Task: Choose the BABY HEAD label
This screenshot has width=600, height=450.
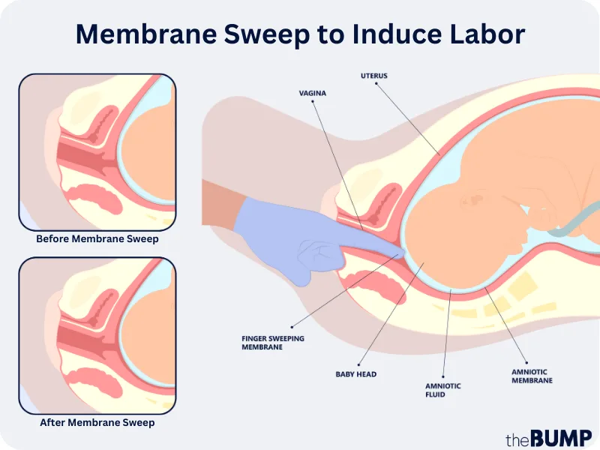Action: click(x=355, y=373)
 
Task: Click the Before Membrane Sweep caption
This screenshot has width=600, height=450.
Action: click(x=97, y=239)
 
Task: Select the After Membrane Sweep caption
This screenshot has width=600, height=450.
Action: click(x=97, y=423)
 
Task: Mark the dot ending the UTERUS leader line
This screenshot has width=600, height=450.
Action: click(x=440, y=154)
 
